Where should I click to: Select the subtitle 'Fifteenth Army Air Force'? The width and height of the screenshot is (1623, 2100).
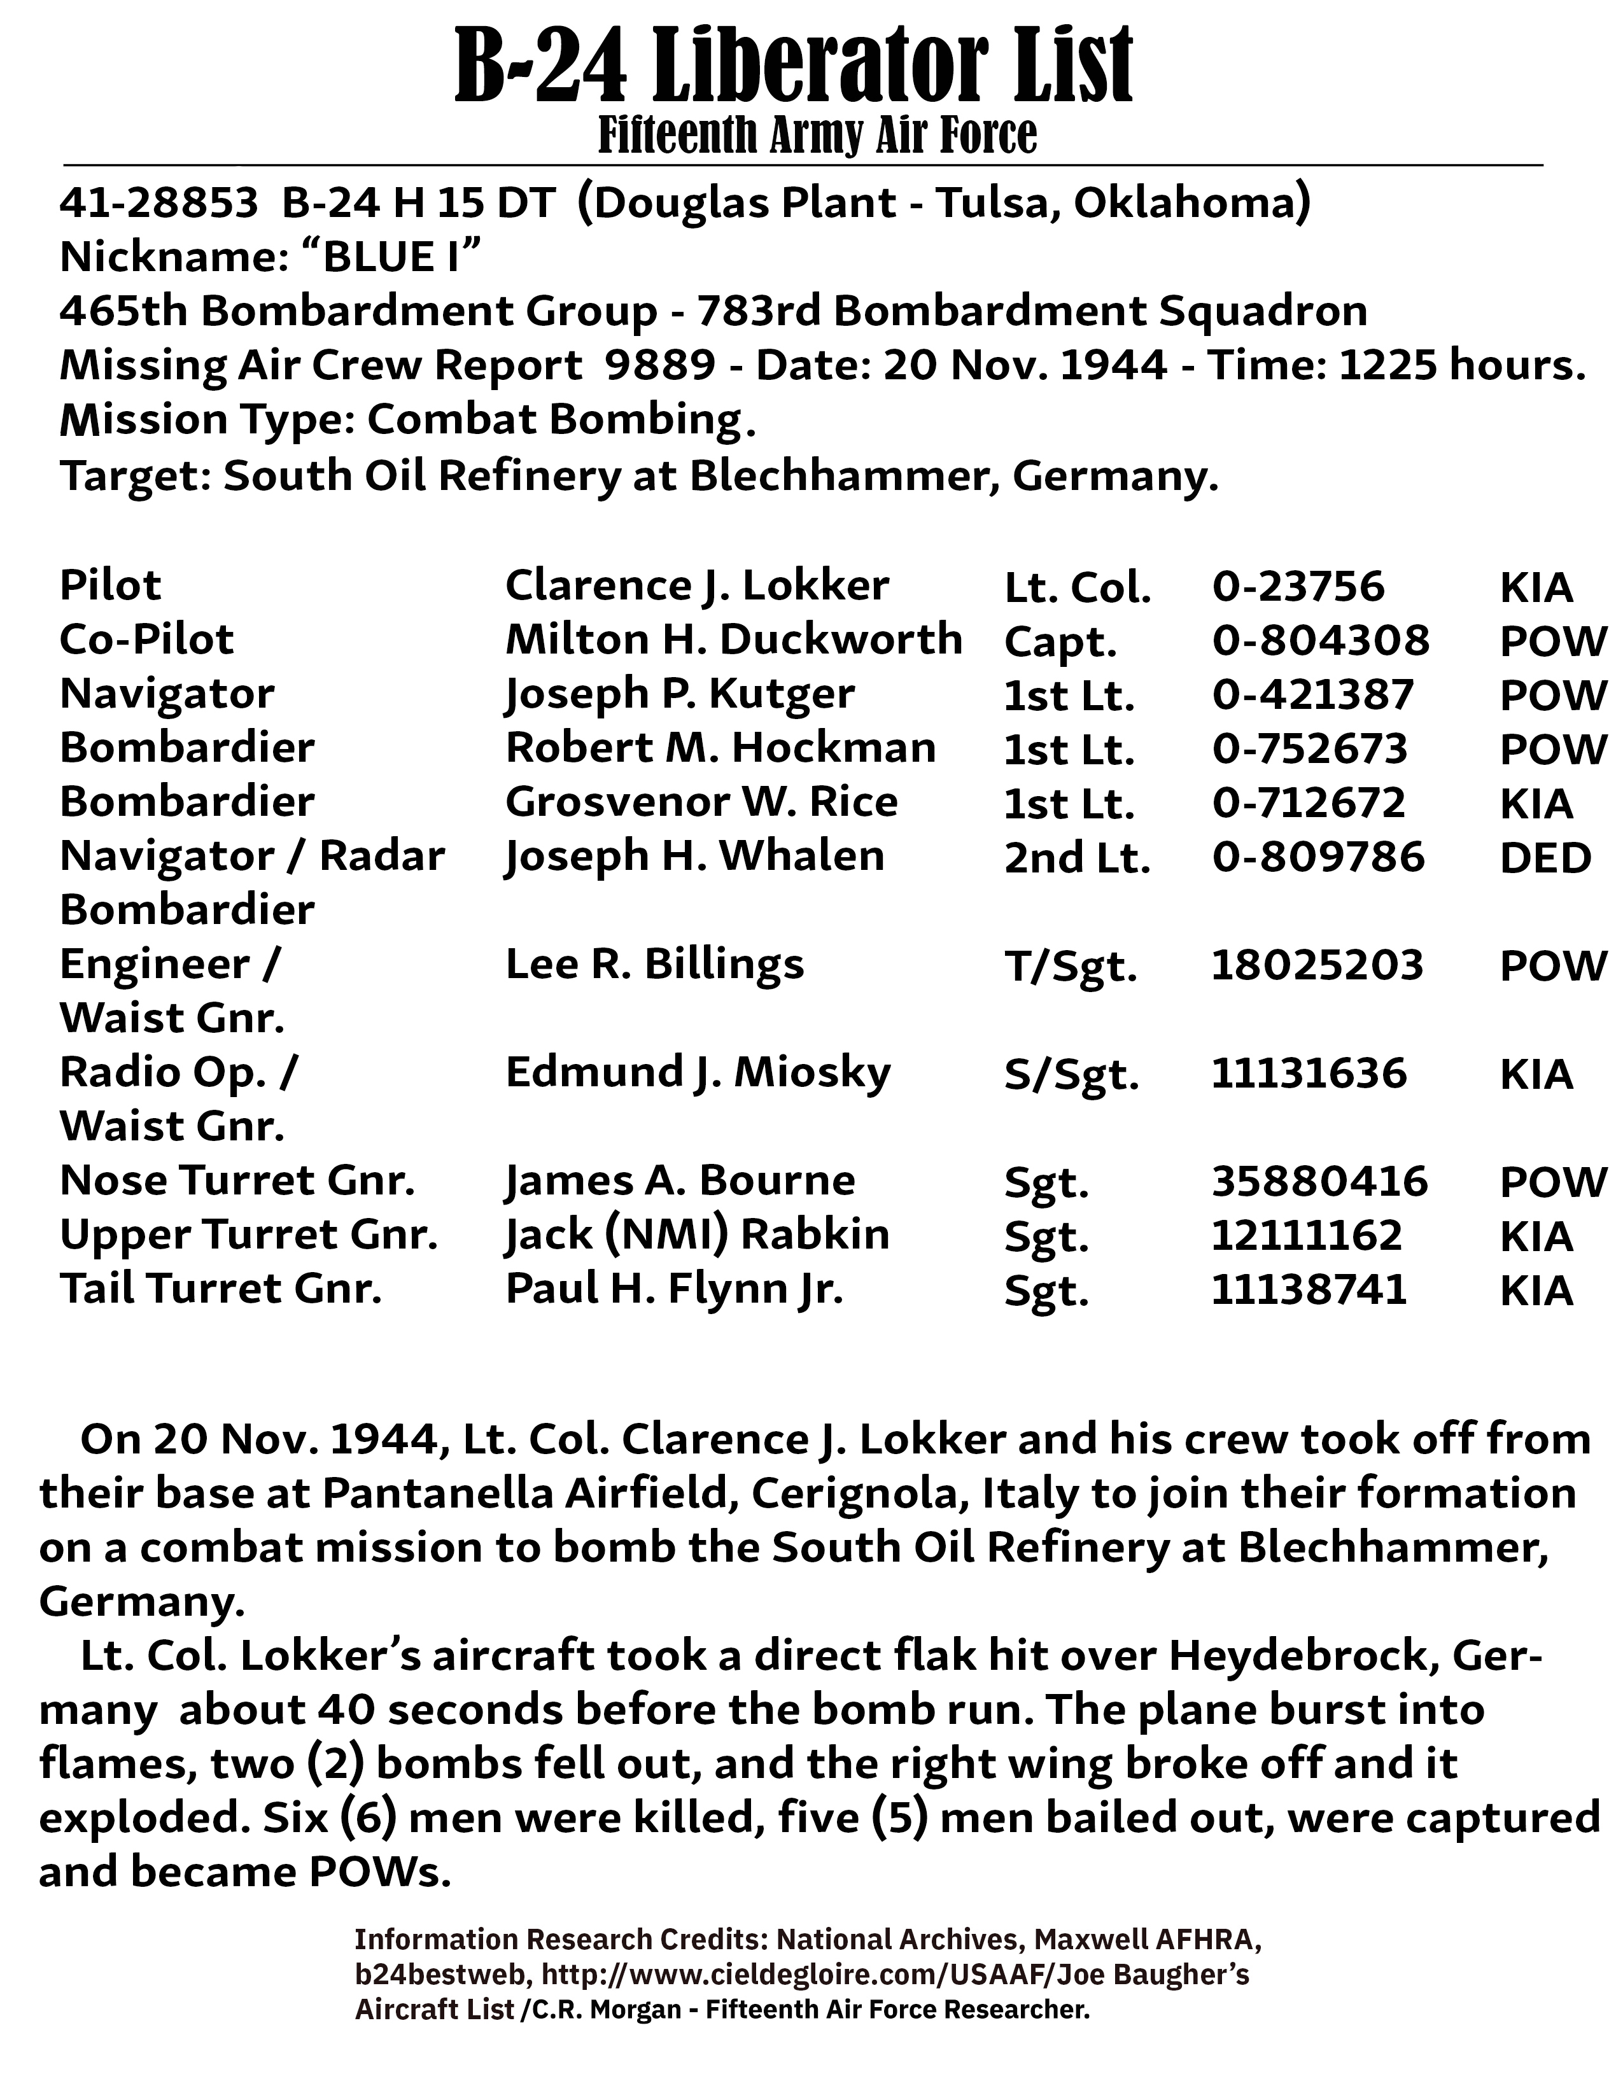(817, 135)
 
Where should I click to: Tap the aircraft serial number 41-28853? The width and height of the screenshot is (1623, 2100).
(158, 203)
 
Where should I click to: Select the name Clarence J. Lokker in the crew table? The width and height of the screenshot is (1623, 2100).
(697, 585)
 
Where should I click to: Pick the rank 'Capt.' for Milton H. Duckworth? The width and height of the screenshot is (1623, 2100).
(1060, 641)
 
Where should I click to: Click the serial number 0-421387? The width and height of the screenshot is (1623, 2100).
(1312, 694)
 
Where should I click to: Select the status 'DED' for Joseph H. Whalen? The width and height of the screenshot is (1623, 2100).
(1545, 858)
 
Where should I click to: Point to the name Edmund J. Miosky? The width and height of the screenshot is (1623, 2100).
(698, 1073)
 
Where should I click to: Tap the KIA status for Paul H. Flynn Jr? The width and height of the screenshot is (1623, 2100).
(1536, 1291)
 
